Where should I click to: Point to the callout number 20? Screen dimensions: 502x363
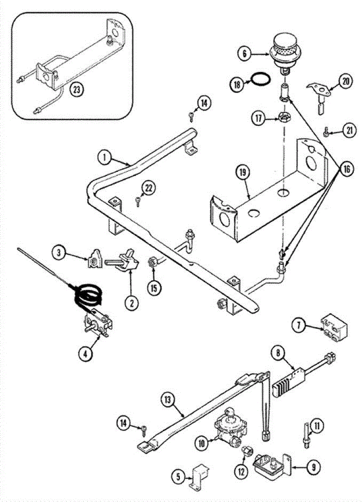(x=345, y=82)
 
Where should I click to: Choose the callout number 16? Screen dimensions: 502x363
(x=347, y=169)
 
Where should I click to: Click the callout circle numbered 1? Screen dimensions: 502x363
(x=105, y=158)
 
